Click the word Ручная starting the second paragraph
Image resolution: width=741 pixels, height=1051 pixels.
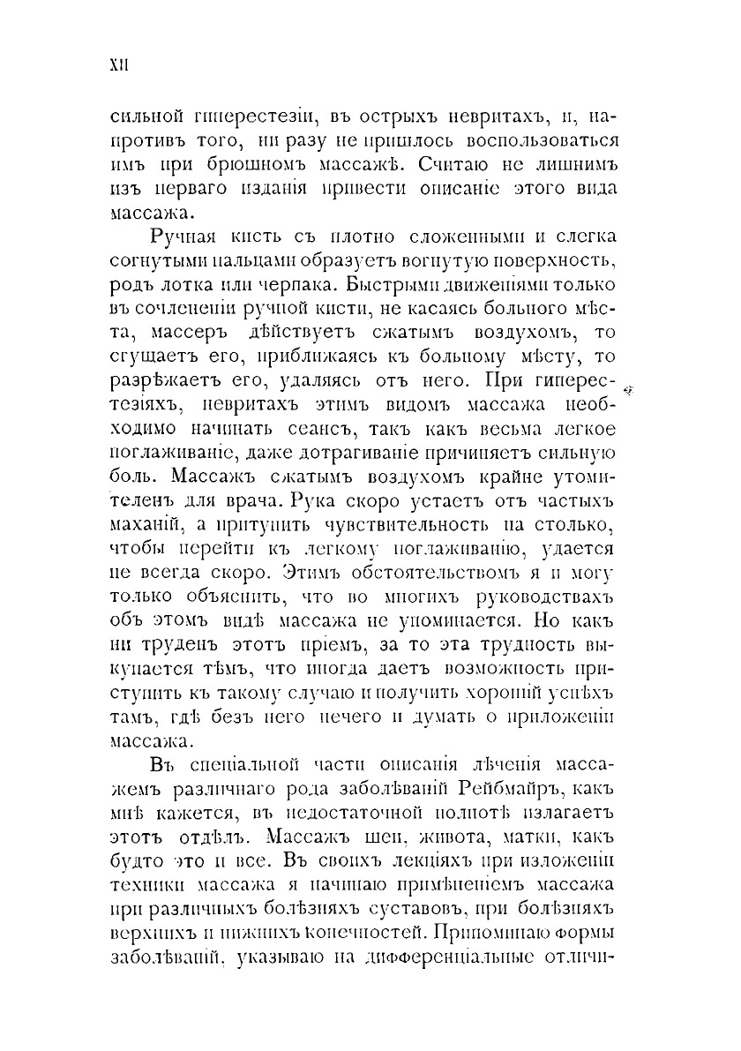189,237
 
